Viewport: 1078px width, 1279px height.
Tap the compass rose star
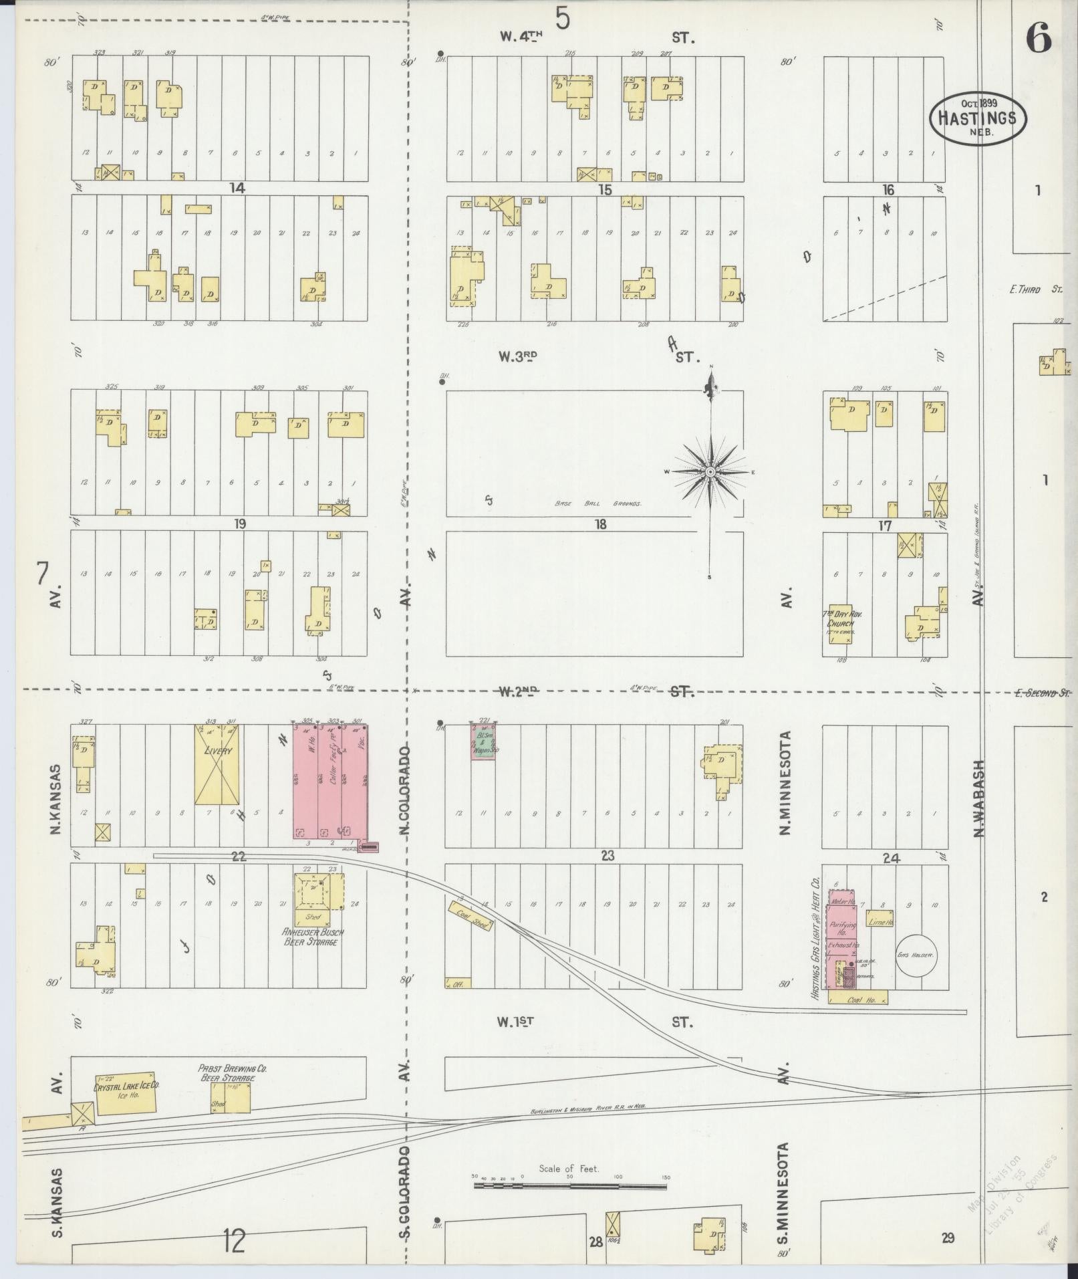(x=711, y=472)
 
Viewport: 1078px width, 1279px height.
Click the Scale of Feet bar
(x=570, y=1187)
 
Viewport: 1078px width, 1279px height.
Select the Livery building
(x=219, y=764)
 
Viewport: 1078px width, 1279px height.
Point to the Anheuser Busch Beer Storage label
(x=313, y=936)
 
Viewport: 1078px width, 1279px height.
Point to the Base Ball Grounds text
(x=597, y=504)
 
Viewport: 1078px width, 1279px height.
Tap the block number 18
(x=600, y=524)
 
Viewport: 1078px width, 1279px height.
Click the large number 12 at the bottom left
(x=234, y=1242)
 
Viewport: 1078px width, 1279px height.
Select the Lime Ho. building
(x=880, y=923)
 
